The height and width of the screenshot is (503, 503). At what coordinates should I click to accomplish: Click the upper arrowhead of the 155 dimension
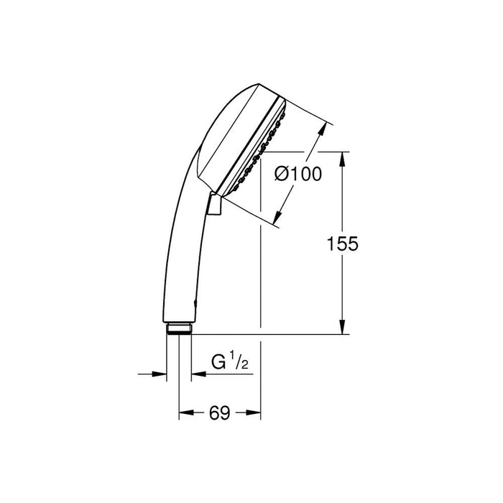click(x=342, y=157)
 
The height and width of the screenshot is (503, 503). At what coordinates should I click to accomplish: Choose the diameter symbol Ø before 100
click(x=282, y=173)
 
